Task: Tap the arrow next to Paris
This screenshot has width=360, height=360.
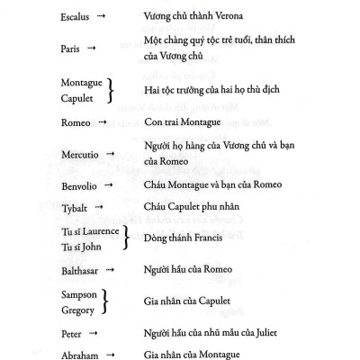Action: point(97,50)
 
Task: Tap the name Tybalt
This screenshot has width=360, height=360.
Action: point(76,209)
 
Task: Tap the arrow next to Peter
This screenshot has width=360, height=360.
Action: point(96,333)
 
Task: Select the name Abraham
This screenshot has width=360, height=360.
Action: point(81,355)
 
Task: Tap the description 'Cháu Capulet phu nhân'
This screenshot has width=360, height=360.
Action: point(201,209)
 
